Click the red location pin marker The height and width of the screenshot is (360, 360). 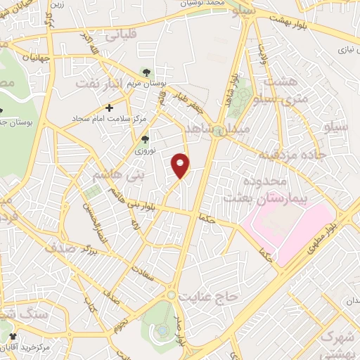point(181,166)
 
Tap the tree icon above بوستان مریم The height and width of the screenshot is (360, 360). point(146,72)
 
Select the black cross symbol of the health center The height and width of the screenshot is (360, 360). point(108,108)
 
